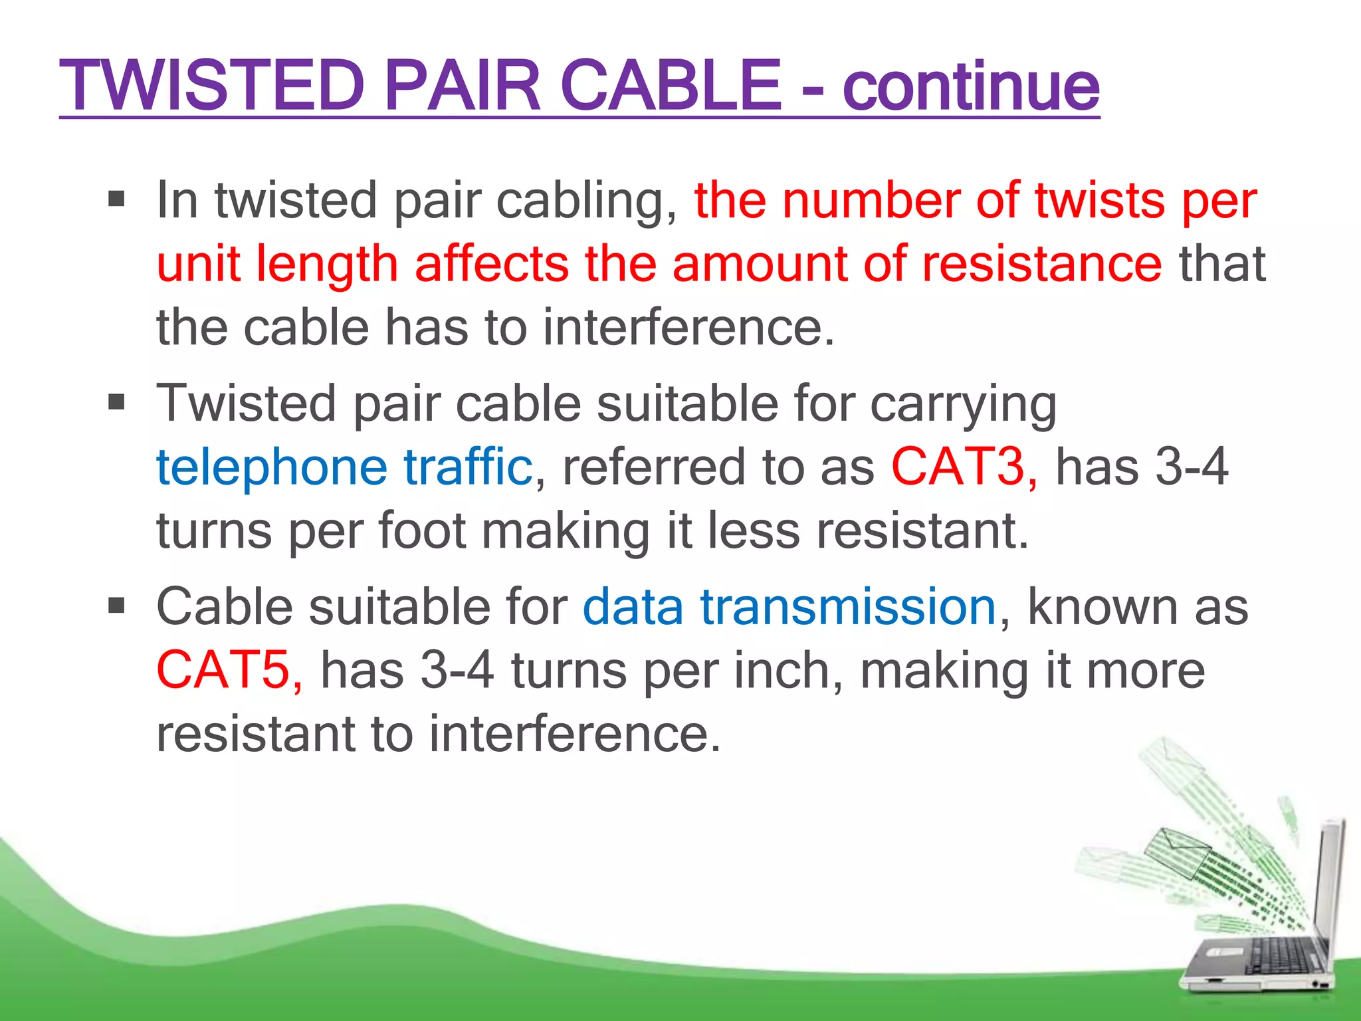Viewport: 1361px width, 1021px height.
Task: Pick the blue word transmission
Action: pos(848,607)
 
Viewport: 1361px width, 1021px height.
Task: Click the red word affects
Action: pos(492,264)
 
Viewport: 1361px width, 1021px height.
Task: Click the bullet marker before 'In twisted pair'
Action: pos(116,199)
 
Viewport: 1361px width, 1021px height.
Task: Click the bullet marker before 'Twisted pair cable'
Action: pos(116,402)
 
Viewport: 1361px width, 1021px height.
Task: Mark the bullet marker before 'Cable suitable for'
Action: pos(116,606)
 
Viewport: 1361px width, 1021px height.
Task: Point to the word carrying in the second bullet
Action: pos(963,403)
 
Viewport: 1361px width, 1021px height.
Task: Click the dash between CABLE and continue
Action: pos(812,90)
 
